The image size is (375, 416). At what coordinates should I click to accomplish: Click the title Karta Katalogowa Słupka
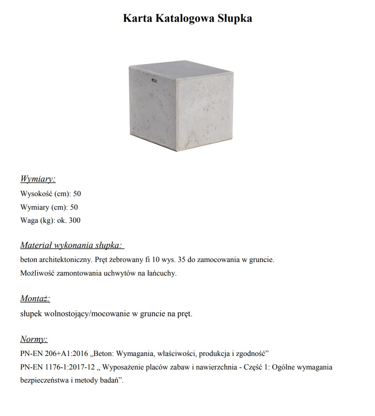tap(187, 18)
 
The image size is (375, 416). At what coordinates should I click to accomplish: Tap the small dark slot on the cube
tap(154, 79)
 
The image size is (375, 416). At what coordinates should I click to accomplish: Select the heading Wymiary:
tap(38, 179)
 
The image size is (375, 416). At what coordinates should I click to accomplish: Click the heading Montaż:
tap(35, 298)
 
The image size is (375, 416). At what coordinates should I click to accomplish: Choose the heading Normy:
tap(34, 339)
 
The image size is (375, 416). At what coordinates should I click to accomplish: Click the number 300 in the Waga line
tap(75, 221)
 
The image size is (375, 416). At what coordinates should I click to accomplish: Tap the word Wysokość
tap(36, 194)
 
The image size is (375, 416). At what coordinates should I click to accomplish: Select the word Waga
tap(29, 221)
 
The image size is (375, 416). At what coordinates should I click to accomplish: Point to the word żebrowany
tap(125, 260)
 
